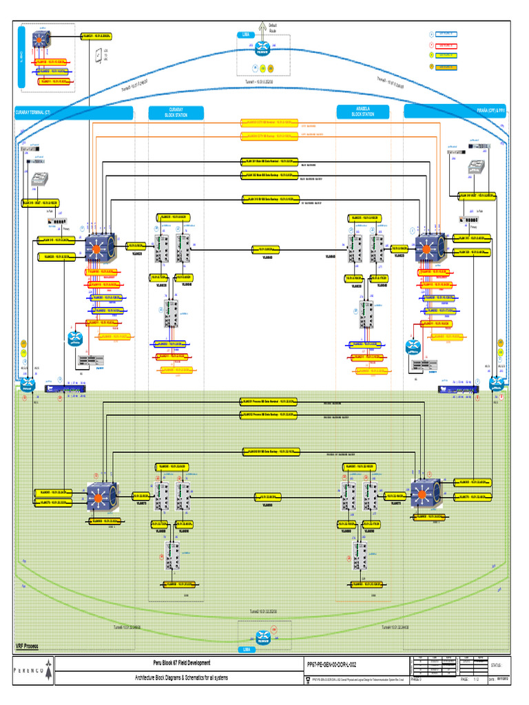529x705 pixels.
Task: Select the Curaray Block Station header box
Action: coord(176,112)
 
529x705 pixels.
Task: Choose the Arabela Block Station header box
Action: coord(363,112)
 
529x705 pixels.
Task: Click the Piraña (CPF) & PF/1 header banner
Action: coord(455,112)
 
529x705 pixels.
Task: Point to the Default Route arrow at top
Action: coord(262,29)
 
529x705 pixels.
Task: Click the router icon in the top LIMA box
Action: coord(262,50)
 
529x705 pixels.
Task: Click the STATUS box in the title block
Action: coord(496,666)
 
